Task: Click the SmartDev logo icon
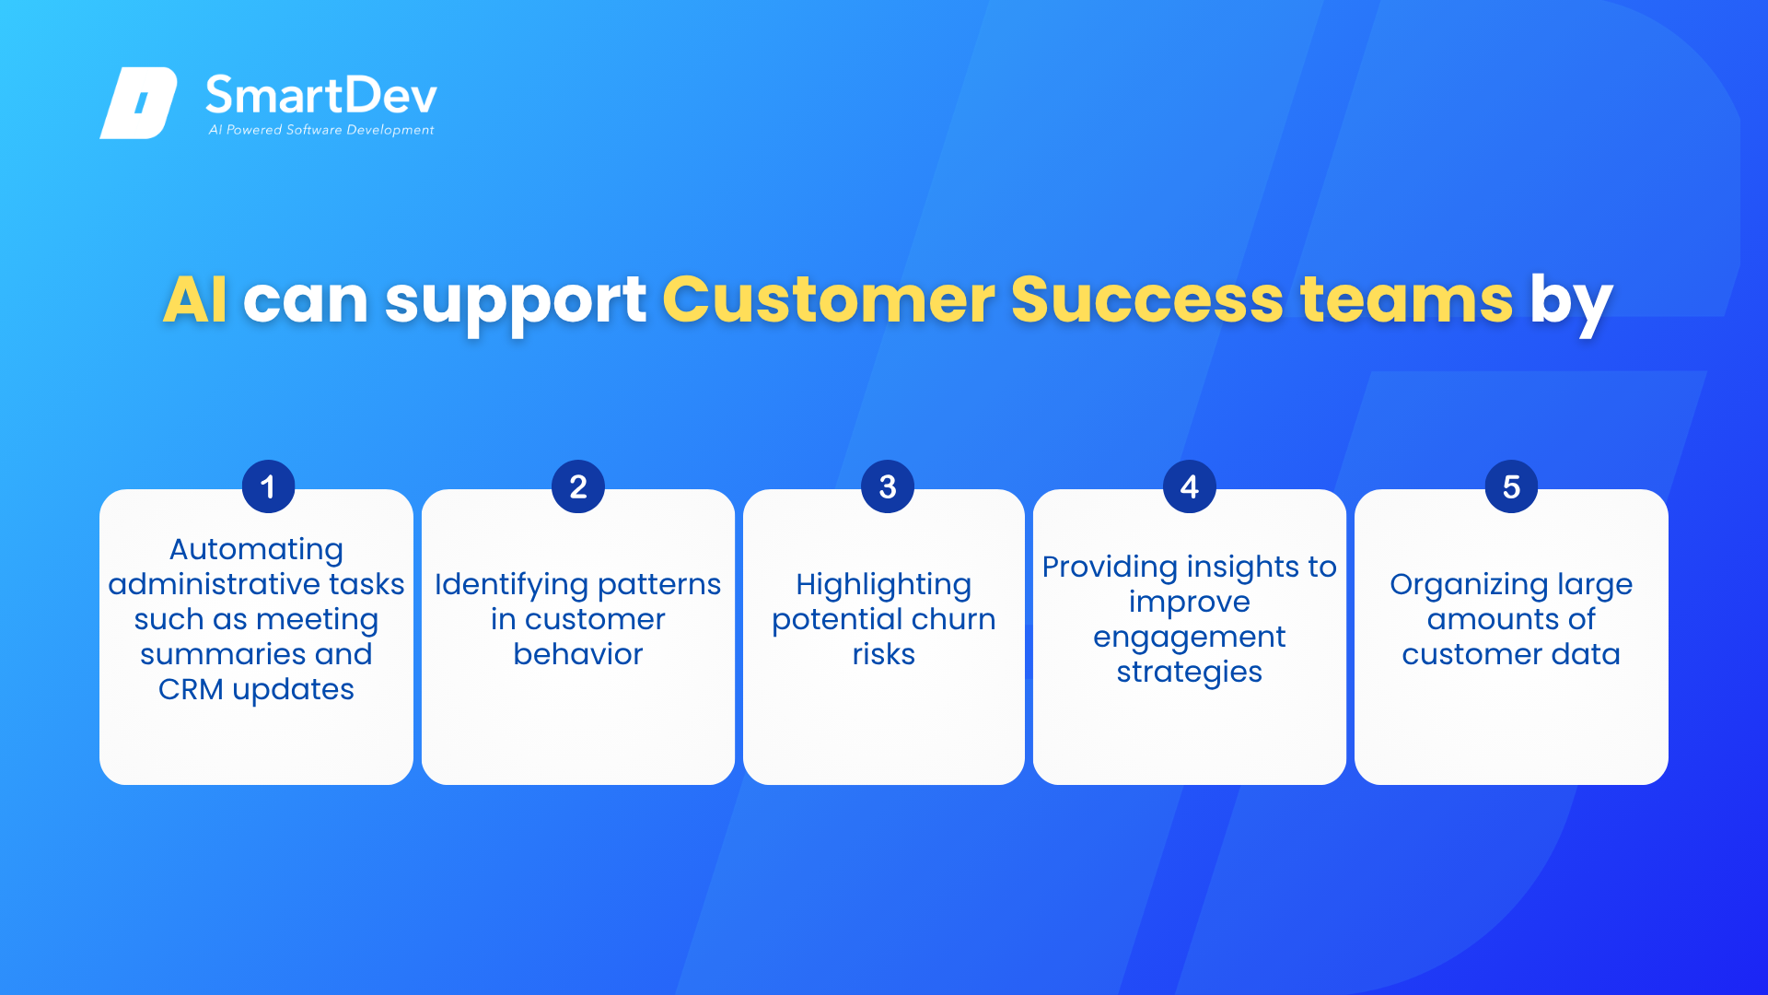point(138,102)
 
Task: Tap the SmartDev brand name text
point(321,95)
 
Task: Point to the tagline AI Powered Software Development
point(321,130)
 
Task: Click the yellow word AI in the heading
point(195,299)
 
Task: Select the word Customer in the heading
point(828,299)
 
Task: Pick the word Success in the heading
point(1147,299)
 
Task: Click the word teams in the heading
point(1406,300)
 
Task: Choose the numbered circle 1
point(268,486)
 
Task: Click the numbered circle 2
point(578,486)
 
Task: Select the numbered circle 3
point(888,486)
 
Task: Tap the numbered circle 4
point(1190,486)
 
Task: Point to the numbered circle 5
point(1511,486)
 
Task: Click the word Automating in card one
point(256,550)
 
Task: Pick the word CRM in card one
point(191,689)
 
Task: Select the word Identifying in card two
point(512,585)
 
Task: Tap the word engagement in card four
point(1190,638)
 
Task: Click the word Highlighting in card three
point(884,585)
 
